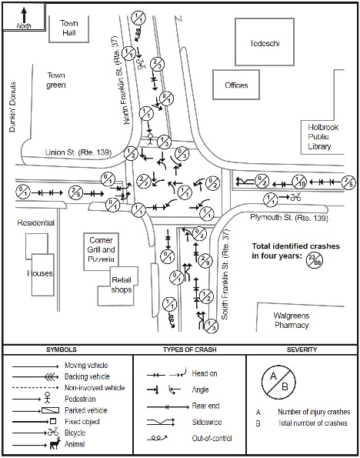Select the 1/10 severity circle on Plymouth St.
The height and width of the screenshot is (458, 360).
(x=300, y=182)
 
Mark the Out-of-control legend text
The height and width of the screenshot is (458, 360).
(x=212, y=438)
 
